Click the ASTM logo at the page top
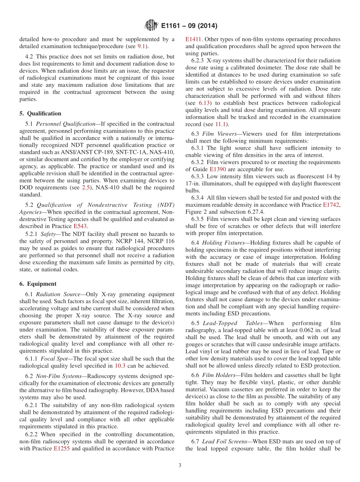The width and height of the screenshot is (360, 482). [151, 26]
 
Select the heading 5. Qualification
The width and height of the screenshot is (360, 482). [40, 113]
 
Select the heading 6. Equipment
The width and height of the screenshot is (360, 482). [38, 284]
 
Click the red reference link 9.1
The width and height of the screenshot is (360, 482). [141, 46]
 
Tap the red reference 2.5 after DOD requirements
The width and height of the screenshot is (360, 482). [86, 188]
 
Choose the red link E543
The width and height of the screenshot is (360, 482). [80, 226]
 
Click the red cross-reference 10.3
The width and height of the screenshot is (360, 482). [120, 366]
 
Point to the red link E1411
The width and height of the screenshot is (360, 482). [193, 39]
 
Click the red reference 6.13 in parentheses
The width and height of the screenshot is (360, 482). [205, 103]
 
